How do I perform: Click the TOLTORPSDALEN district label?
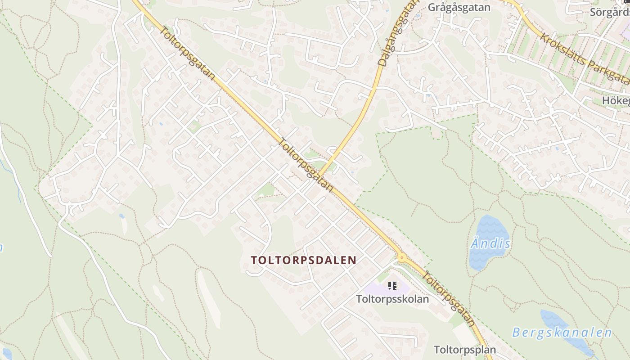point(304,260)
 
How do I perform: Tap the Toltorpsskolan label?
point(392,299)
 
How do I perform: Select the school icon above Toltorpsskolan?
point(392,285)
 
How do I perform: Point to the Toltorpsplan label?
point(465,350)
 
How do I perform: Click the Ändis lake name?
point(490,244)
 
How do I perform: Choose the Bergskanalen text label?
point(562,333)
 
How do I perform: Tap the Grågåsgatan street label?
point(459,7)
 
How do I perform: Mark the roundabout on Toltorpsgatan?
point(402,258)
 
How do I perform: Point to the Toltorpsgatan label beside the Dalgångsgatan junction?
point(306,165)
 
